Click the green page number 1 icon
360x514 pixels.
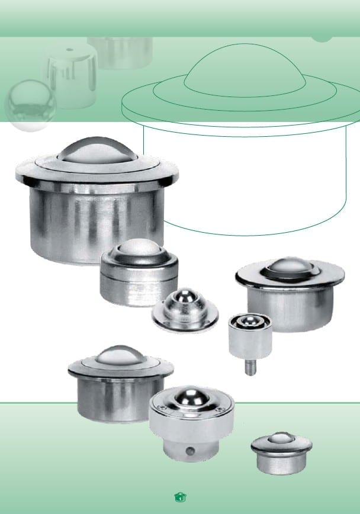(181, 497)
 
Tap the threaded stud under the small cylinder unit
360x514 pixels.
(250, 367)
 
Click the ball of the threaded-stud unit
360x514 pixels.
(250, 320)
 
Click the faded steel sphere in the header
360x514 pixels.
(30, 105)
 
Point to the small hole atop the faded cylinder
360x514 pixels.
(69, 50)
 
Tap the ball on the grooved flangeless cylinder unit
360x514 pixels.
(140, 248)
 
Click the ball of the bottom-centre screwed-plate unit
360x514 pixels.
(192, 396)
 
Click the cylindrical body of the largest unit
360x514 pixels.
(97, 223)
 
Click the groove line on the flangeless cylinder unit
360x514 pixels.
(139, 278)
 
